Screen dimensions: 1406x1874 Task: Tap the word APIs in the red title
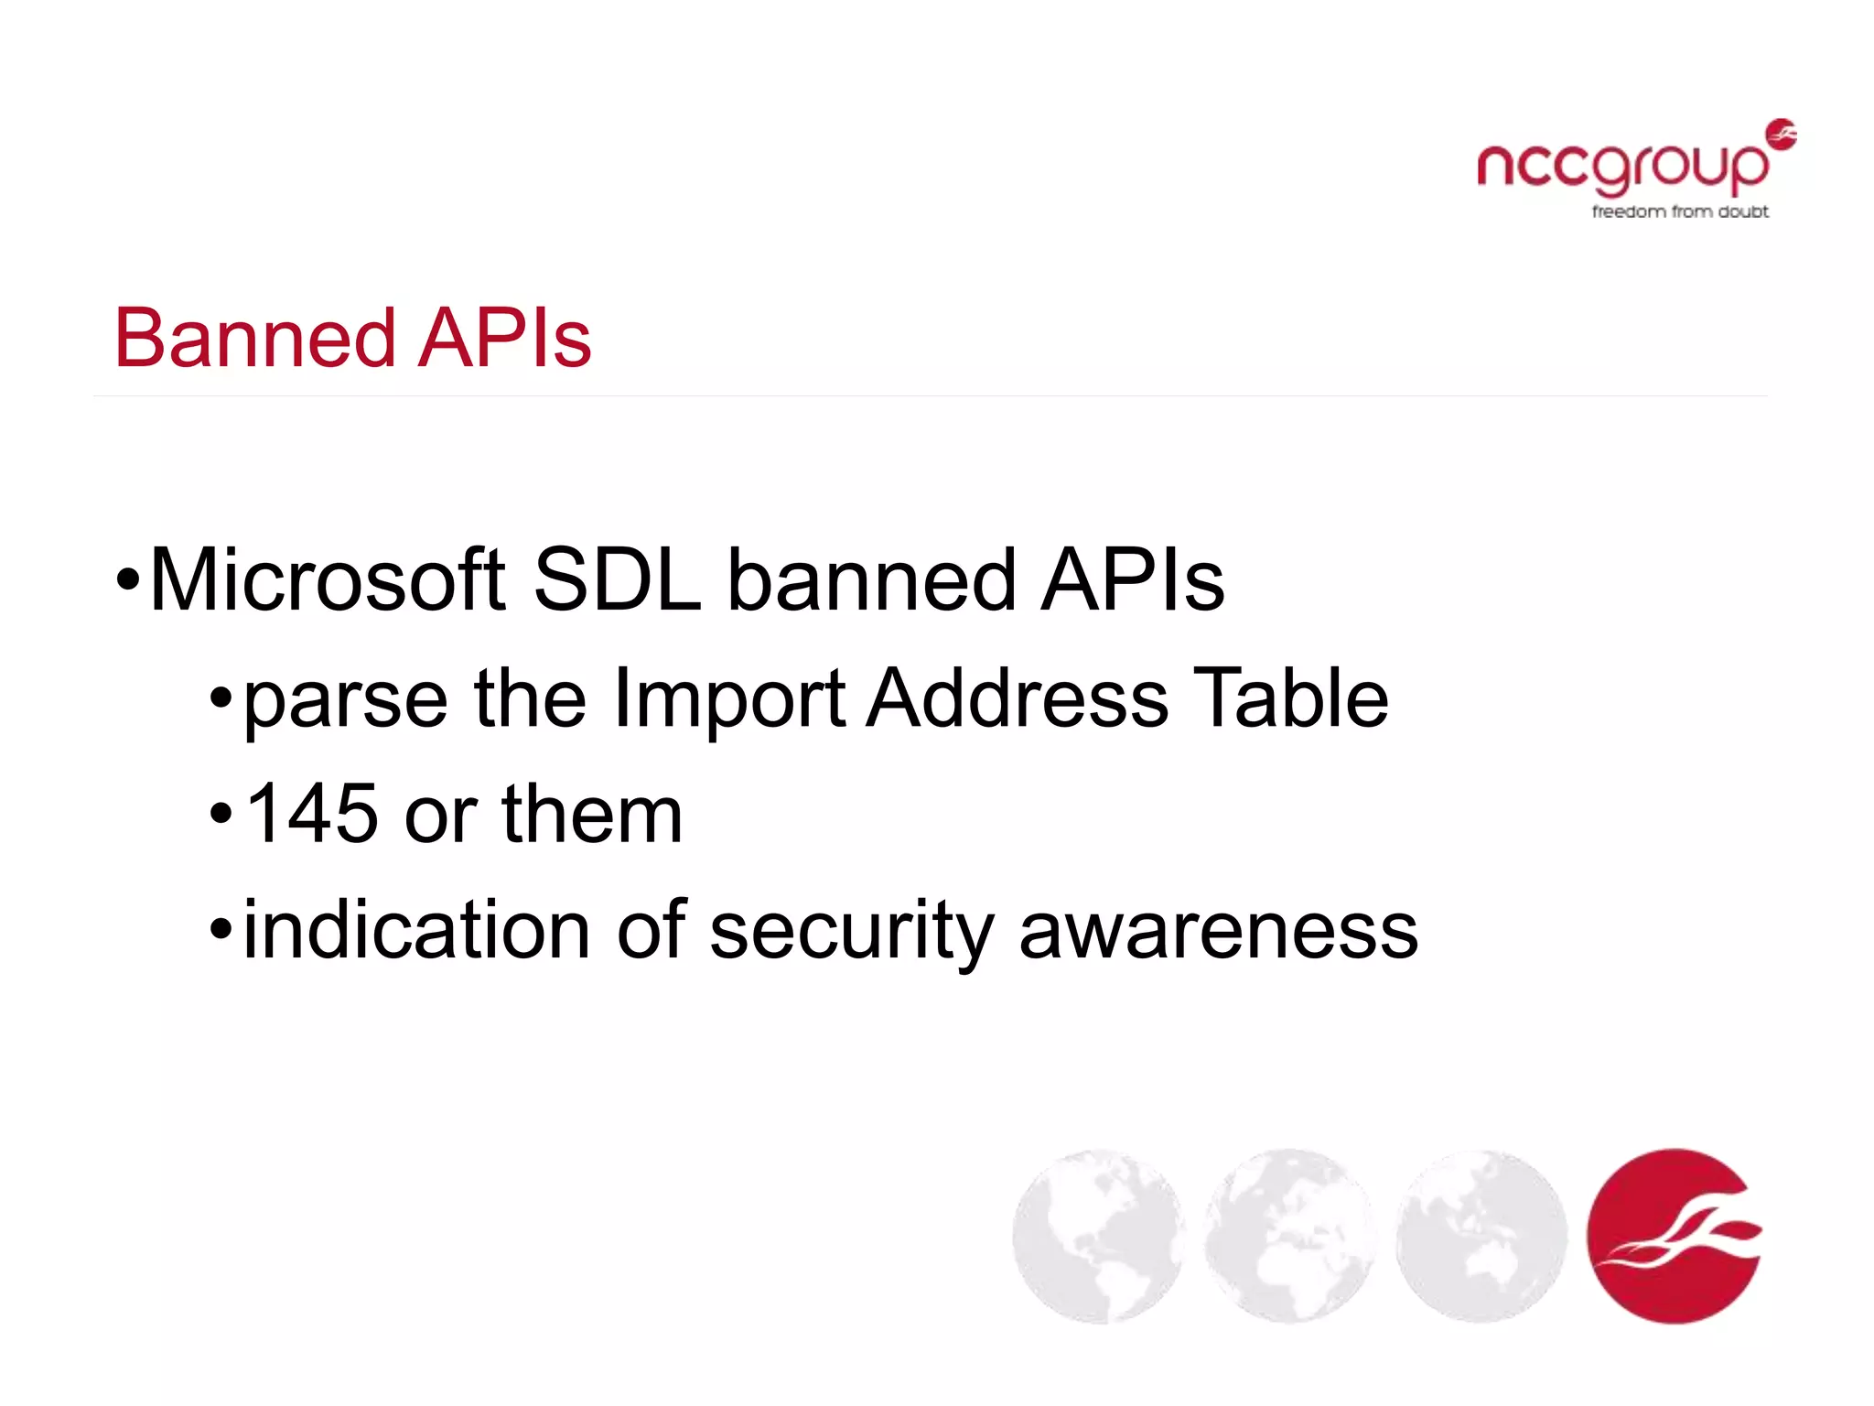(504, 339)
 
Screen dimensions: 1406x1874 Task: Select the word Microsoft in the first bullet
(327, 580)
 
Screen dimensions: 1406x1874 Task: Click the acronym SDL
(617, 580)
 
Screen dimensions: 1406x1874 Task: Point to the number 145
(312, 814)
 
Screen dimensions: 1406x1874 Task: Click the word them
(592, 814)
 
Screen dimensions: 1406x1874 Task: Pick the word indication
(416, 930)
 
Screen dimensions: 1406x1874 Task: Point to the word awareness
(1218, 932)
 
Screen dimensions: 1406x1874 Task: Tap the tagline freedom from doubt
(1679, 212)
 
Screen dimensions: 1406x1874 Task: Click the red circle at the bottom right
(1675, 1236)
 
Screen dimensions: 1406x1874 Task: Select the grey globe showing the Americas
(1098, 1236)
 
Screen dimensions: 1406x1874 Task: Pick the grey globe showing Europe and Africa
(1289, 1236)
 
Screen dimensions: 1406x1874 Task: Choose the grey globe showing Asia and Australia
(1481, 1236)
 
